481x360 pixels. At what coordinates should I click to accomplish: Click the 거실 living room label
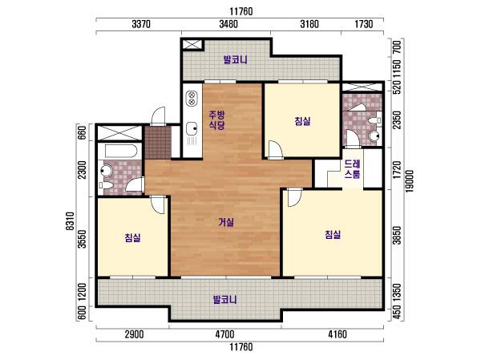226,222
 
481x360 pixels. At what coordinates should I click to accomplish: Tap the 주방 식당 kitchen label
217,120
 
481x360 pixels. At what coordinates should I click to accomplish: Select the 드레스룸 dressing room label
352,169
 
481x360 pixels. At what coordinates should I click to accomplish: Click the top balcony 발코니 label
235,59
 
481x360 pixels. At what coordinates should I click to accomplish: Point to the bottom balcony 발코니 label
224,299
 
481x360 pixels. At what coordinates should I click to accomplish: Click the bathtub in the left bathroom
120,151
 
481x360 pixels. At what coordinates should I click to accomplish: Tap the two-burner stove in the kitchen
192,98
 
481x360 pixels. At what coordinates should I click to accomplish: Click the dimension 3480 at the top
228,24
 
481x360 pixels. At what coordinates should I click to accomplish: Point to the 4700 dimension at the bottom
224,334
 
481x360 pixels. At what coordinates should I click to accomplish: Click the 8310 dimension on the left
71,221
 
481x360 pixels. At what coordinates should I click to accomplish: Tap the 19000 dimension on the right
409,181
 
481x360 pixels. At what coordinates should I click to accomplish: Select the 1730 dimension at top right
364,24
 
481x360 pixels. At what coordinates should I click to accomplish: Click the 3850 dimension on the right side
398,236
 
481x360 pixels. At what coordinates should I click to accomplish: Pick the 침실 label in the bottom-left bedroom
132,237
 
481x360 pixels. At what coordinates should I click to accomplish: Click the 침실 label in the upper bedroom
302,120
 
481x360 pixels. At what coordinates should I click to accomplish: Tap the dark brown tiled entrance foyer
158,143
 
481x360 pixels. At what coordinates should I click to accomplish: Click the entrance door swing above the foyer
159,115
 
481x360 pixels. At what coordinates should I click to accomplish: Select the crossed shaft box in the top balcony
192,44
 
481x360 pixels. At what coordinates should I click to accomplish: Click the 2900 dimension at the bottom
135,334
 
